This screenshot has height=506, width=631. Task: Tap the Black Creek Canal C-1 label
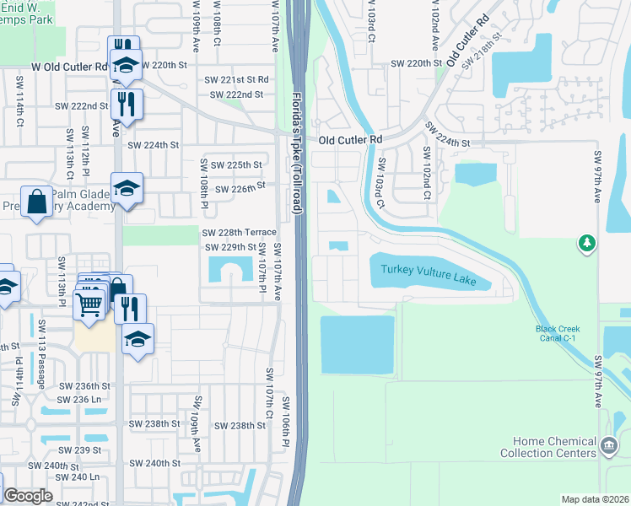coord(558,333)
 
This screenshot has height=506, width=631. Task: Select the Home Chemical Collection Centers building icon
coord(607,444)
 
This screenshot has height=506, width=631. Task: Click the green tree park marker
coord(586,244)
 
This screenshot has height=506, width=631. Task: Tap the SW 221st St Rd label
coord(236,79)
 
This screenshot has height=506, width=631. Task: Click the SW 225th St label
coord(235,165)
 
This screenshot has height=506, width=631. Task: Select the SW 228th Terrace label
coord(239,232)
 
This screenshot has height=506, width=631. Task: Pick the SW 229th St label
coord(230,247)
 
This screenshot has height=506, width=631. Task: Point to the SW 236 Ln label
coord(79,399)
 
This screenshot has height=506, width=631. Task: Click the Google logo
coord(29,496)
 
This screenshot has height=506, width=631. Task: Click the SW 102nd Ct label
coord(427,173)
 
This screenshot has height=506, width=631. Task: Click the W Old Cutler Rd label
coord(71,65)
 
